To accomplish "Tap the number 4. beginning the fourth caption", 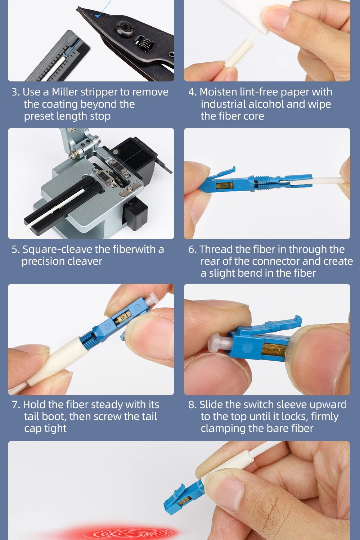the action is click(x=193, y=92).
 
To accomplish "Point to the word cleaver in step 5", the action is click(x=87, y=261).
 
